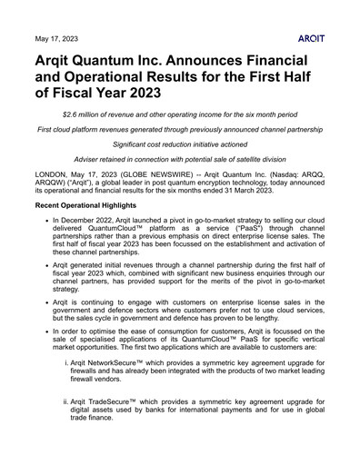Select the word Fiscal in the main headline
coord(85,93)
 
